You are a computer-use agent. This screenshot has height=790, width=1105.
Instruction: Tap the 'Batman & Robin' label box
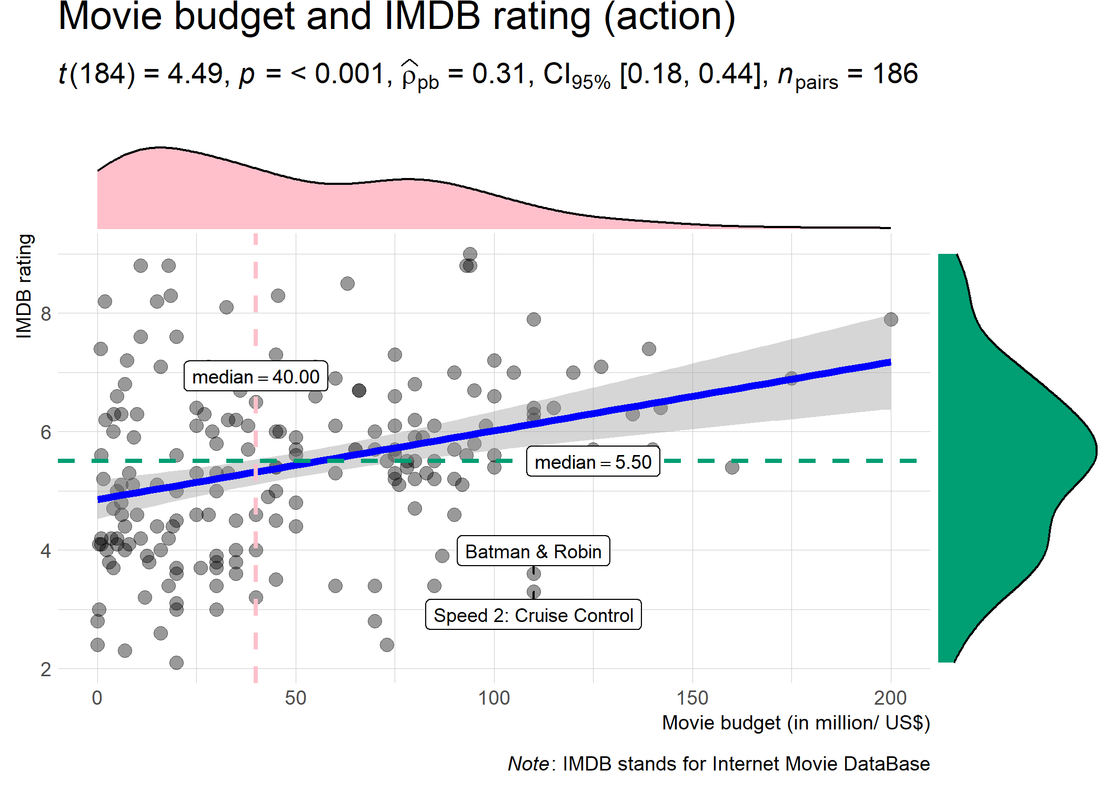point(533,551)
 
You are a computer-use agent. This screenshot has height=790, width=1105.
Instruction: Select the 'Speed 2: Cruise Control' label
point(533,615)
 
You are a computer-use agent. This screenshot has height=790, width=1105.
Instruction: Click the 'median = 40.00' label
point(256,377)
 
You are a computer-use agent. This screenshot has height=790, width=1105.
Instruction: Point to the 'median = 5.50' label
point(593,462)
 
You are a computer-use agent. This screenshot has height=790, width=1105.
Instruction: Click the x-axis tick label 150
point(692,698)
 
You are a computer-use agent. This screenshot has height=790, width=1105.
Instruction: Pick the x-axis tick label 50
point(295,698)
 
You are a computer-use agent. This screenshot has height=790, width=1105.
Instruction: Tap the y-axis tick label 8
point(46,314)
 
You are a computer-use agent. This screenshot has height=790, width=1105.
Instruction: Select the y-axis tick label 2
point(46,669)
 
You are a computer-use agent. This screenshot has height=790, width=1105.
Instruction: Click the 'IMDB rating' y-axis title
point(24,286)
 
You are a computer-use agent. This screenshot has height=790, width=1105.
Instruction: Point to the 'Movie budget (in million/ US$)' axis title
point(796,723)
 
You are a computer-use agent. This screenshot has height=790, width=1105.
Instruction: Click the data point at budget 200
point(891,319)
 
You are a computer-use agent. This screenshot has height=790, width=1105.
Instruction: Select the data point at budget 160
point(732,467)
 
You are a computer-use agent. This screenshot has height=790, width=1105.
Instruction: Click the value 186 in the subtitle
point(895,74)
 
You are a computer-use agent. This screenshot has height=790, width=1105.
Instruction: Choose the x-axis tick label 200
point(890,698)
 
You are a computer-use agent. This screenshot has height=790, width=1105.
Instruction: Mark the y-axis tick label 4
point(46,551)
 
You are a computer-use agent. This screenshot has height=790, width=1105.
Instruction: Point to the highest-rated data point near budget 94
point(470,254)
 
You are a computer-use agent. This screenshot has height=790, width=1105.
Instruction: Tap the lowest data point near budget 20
point(176,663)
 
